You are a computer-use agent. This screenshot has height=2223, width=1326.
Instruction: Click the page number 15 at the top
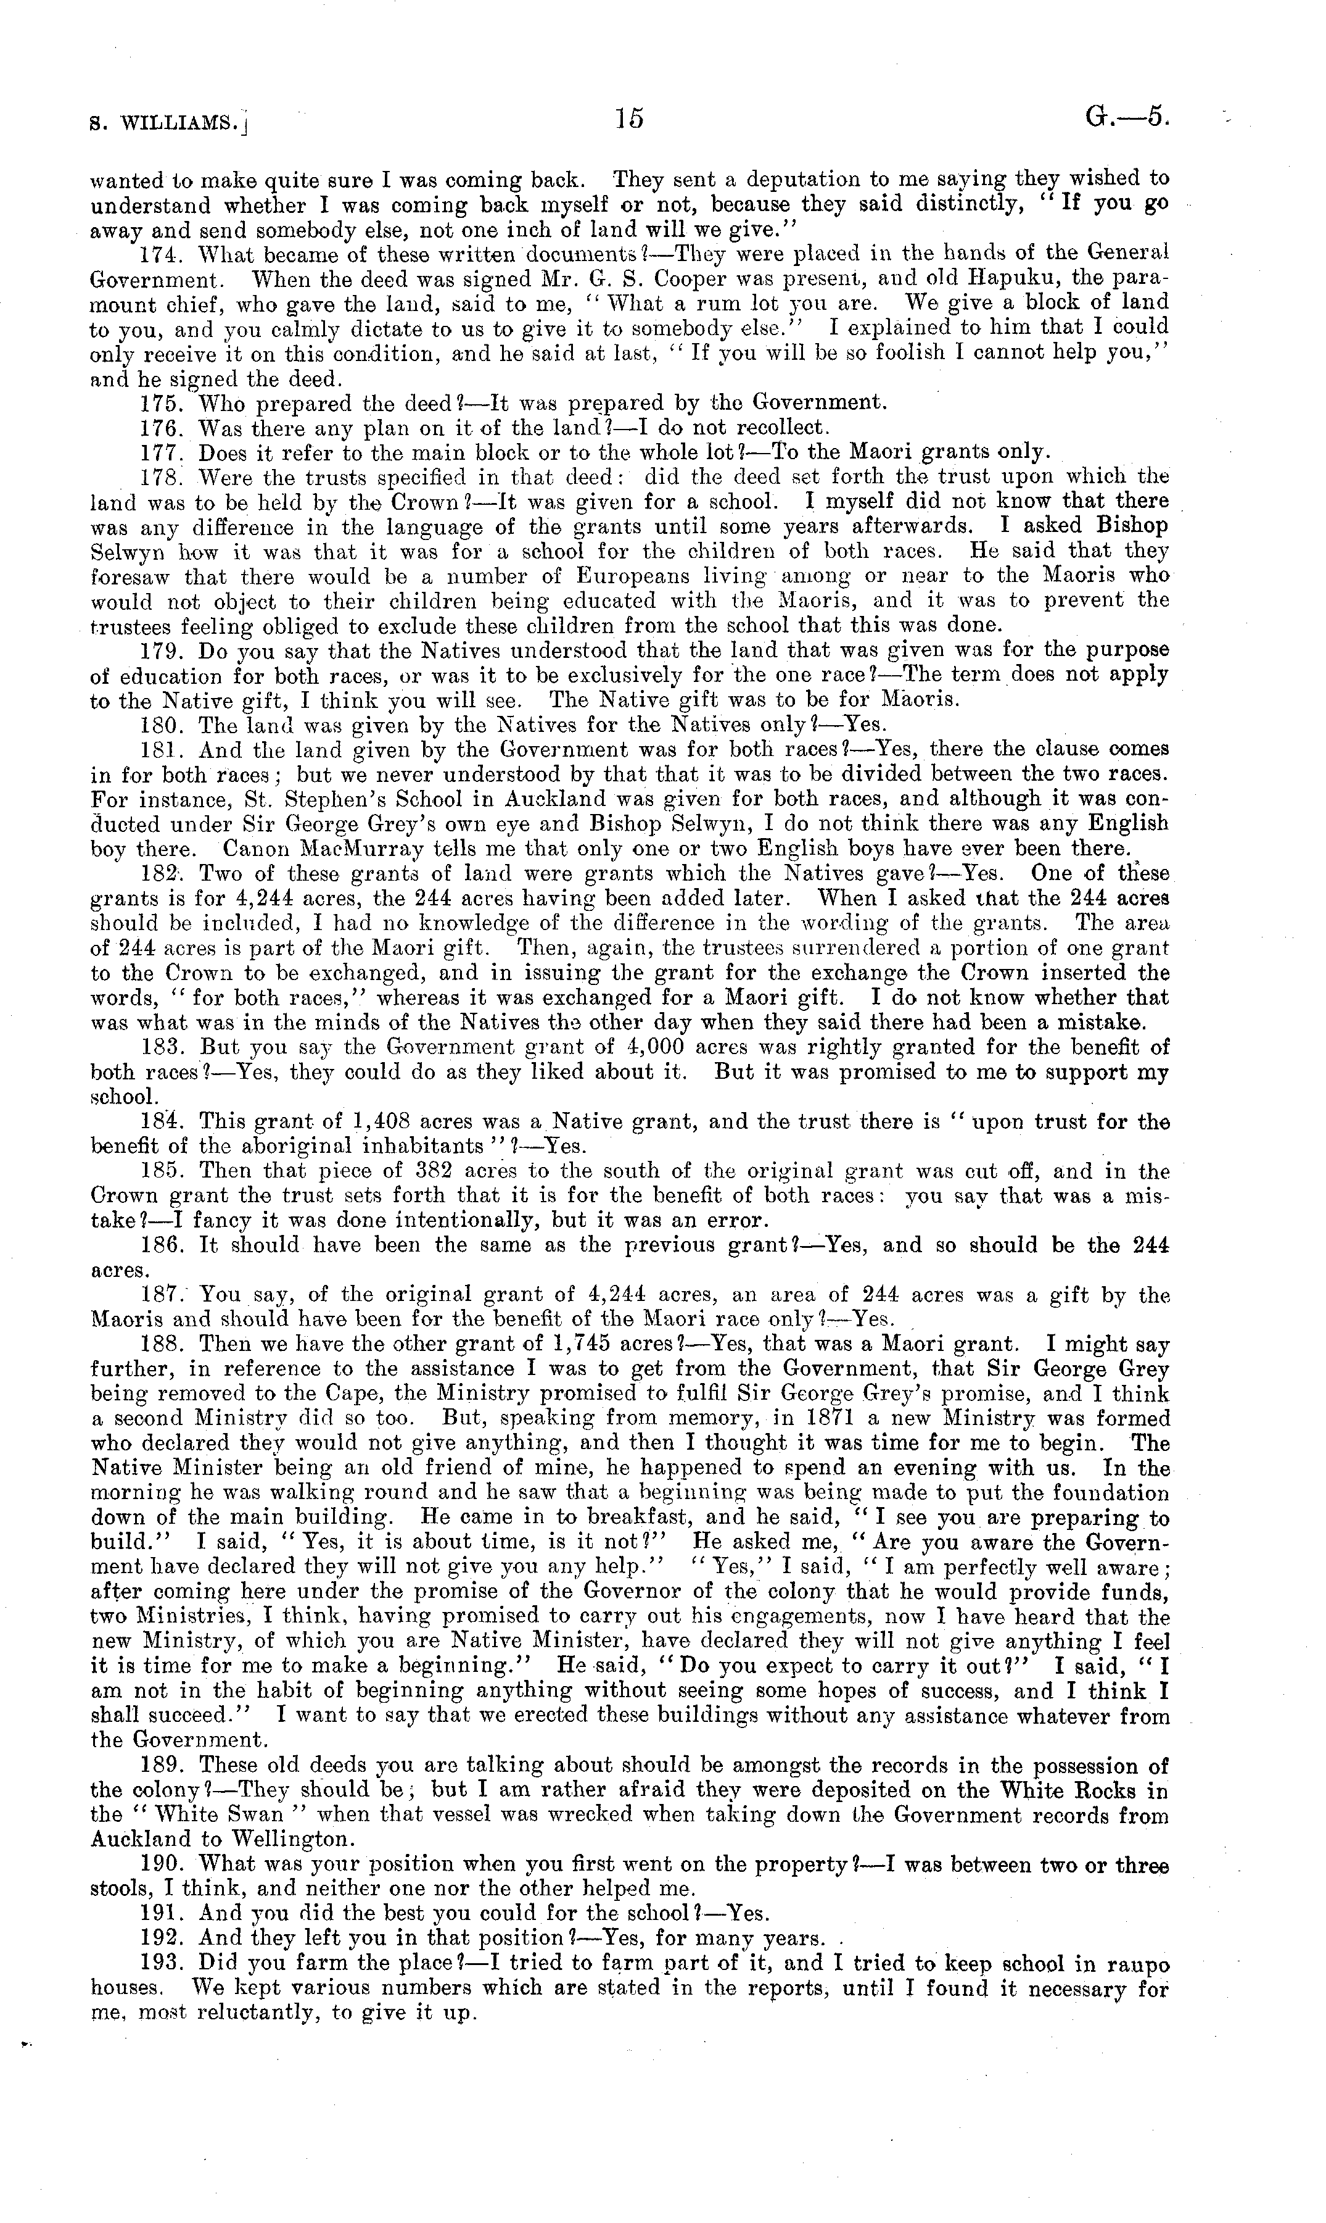coord(629,119)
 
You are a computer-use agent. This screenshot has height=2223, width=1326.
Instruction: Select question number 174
coord(162,254)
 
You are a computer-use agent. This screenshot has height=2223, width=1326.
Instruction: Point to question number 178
coord(162,476)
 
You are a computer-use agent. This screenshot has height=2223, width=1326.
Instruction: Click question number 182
coord(162,873)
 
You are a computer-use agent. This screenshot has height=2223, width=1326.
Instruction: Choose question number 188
coord(162,1344)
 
